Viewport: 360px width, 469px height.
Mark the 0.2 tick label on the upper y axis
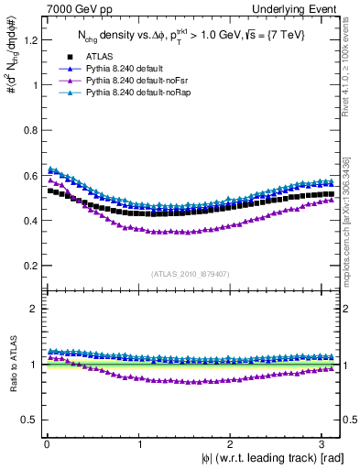[x=27, y=266]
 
